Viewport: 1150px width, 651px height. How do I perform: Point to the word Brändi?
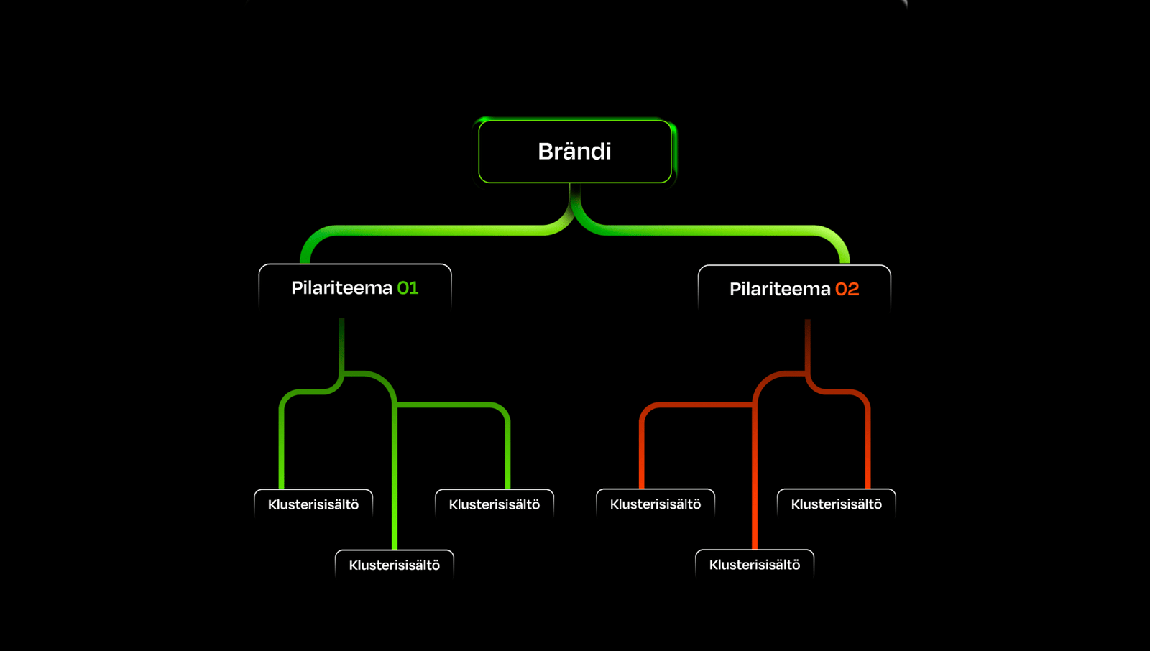[574, 152]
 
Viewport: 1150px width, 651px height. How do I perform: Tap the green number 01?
[408, 288]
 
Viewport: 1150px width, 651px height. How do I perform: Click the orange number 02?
[847, 289]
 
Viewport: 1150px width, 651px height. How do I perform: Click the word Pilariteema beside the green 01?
[341, 288]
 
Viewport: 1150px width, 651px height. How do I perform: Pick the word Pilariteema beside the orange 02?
[780, 289]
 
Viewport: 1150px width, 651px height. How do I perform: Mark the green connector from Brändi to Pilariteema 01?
[431, 231]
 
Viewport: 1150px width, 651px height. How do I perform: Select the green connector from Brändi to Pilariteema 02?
[719, 231]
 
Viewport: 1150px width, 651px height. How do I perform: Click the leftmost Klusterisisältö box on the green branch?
[313, 504]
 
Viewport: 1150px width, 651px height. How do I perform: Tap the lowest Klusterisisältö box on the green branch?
[395, 565]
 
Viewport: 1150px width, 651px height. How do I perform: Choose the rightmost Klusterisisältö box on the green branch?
[494, 504]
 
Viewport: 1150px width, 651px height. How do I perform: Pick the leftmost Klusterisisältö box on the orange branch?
[655, 504]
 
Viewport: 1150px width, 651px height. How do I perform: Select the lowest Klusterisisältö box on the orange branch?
[755, 565]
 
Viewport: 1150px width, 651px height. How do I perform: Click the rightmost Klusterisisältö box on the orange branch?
[837, 504]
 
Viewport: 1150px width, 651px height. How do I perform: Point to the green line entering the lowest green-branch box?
[395, 489]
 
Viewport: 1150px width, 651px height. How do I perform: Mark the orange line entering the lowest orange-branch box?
[755, 489]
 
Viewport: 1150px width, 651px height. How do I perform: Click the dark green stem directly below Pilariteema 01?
[341, 345]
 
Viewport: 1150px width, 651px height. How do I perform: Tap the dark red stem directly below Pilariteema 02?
[808, 345]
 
